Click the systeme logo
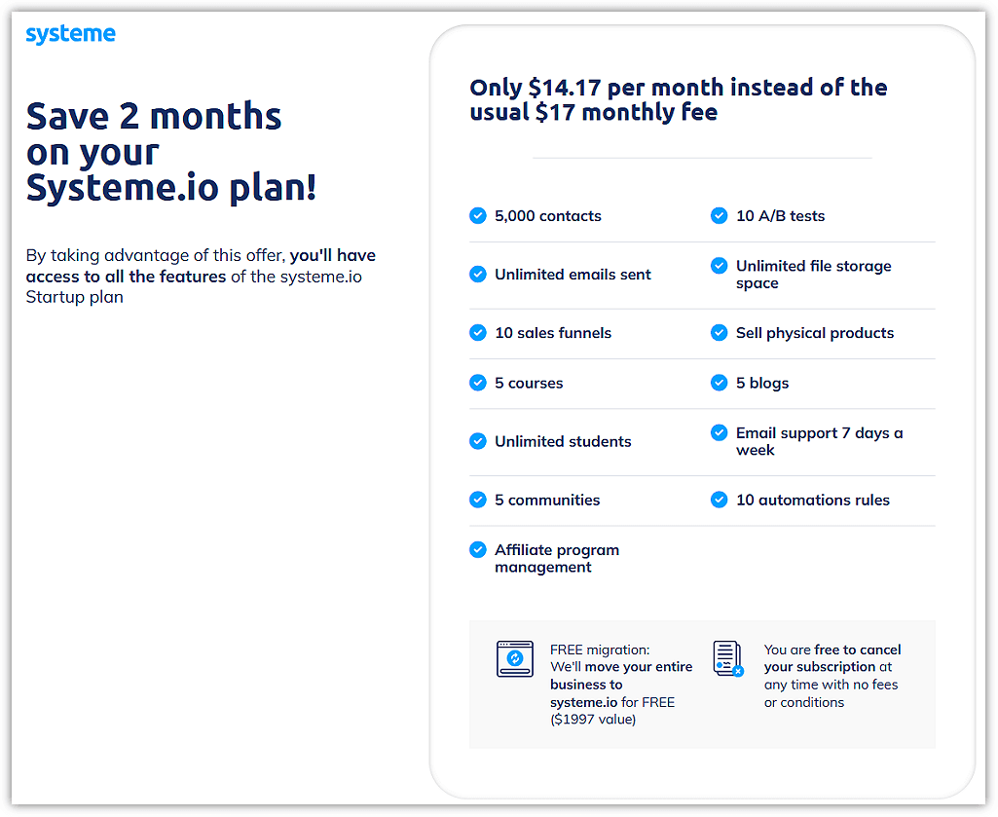coord(70,35)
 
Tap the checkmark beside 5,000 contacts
coord(478,216)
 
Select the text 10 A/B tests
coord(780,216)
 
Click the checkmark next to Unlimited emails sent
coord(478,275)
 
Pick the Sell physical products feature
coord(814,333)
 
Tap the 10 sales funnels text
coord(552,333)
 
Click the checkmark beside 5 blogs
coord(720,383)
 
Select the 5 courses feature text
coord(529,383)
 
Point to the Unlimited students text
coord(563,441)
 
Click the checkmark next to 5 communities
coord(478,500)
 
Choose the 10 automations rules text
coord(812,500)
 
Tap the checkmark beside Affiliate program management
coord(478,550)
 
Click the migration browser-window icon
coord(515,659)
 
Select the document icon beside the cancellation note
coord(727,659)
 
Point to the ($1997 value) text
coord(593,720)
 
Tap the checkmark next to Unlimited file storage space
coord(720,266)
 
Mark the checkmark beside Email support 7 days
coord(720,432)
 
